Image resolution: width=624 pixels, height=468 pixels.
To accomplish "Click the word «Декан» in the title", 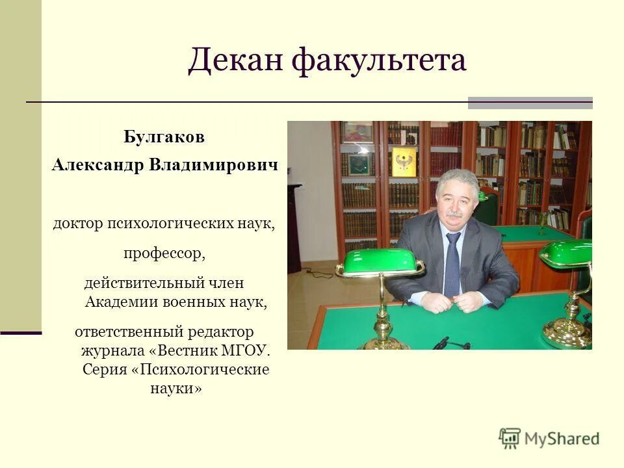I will pos(235,61).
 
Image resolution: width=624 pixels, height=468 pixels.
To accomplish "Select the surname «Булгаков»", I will pos(164,138).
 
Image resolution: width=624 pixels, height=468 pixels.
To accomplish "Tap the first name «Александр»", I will pos(97,165).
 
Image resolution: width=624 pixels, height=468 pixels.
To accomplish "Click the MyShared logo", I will pos(549,438).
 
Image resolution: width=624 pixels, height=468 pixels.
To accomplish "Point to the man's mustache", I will pos(454,214).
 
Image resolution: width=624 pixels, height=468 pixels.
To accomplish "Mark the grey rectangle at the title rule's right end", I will pos(530,103).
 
